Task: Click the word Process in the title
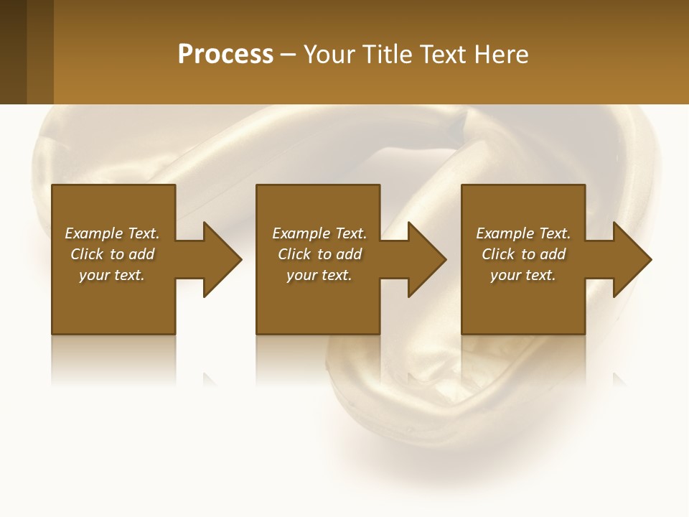[x=225, y=55]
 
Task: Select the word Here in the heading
[x=501, y=55]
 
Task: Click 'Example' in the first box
[x=95, y=233]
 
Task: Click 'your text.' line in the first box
[x=112, y=275]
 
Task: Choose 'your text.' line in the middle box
[x=319, y=275]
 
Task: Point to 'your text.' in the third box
[x=523, y=275]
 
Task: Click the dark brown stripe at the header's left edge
[x=13, y=52]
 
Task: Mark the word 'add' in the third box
[x=553, y=254]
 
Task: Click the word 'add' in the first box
[x=141, y=254]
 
